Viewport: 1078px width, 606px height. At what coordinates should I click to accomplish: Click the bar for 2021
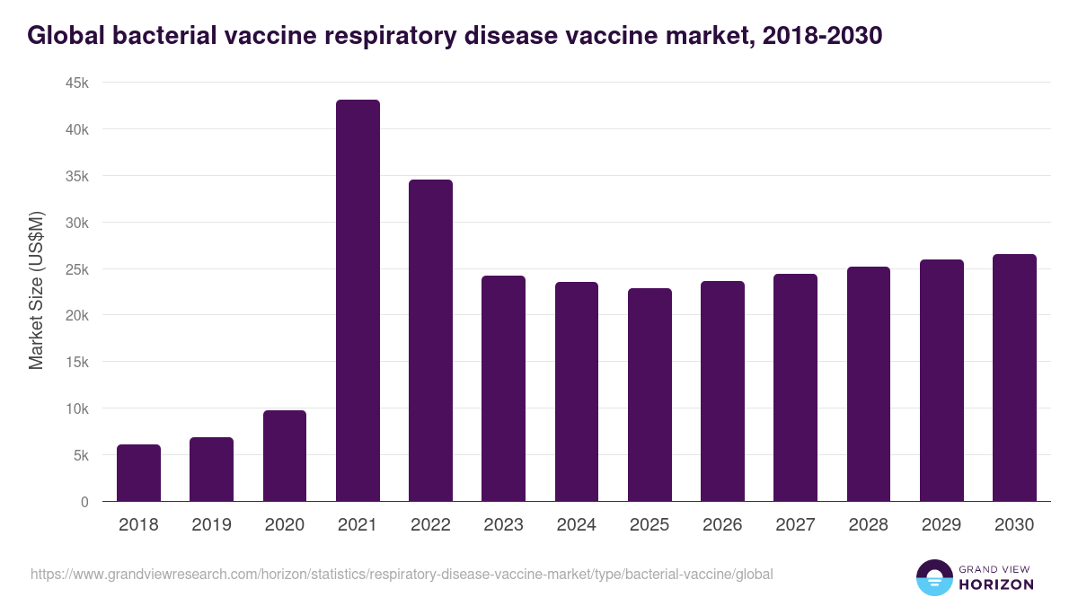(x=358, y=301)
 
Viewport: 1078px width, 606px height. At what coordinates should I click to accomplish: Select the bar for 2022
(x=430, y=340)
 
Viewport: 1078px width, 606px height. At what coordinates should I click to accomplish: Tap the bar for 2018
(x=138, y=473)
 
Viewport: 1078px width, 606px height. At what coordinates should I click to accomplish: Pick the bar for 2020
(x=285, y=456)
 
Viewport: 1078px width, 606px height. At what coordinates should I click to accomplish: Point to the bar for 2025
(x=649, y=395)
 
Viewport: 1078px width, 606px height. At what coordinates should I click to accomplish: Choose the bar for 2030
(x=1014, y=378)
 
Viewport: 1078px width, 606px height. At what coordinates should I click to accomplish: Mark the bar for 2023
(x=503, y=389)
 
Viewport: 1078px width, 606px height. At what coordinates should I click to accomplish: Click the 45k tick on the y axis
(x=75, y=83)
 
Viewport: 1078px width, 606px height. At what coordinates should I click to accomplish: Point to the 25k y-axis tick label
(x=75, y=269)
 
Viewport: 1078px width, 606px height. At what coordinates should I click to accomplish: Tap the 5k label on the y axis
(x=79, y=455)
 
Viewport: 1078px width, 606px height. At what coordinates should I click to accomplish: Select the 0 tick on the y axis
(x=84, y=502)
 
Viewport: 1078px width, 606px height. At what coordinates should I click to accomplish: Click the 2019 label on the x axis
(x=211, y=525)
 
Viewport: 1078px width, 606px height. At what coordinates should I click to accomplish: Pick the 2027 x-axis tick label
(x=795, y=525)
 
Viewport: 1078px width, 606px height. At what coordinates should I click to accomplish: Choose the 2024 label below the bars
(x=576, y=525)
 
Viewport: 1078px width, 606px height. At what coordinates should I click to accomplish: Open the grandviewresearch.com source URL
(x=402, y=574)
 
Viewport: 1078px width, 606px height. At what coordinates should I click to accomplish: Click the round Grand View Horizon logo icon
(x=933, y=577)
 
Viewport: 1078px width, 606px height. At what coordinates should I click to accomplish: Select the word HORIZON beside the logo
(x=996, y=584)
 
